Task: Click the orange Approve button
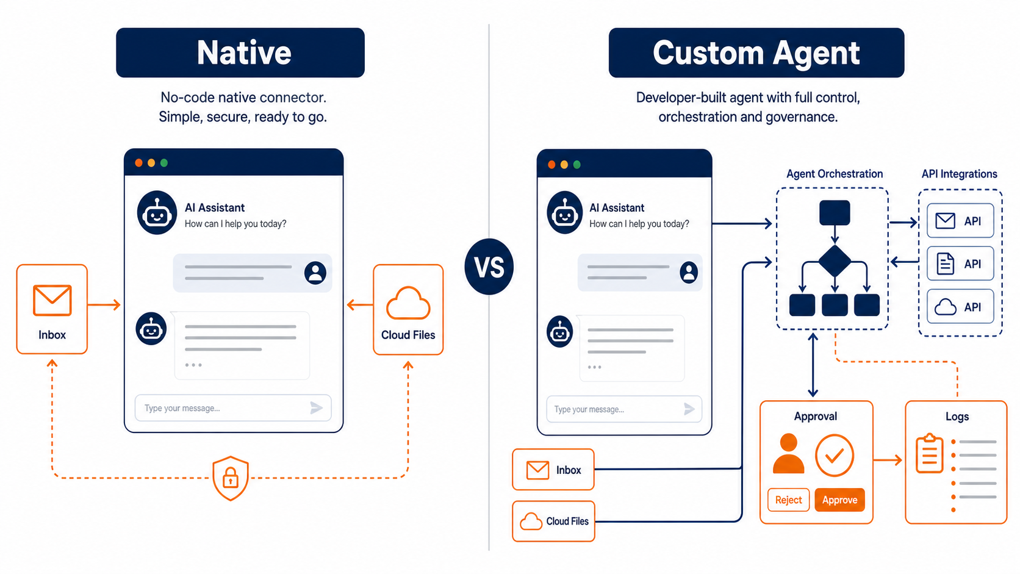pos(839,500)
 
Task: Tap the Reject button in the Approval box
pos(788,500)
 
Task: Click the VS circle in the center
pos(489,267)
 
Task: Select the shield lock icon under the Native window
pos(231,478)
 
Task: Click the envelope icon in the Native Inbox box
pos(52,301)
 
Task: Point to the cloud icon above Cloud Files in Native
pos(408,303)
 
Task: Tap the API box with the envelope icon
pos(960,221)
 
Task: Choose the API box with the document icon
pos(960,264)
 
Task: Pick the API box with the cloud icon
pos(960,306)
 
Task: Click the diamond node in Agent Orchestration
pos(835,261)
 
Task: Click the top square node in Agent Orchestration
pos(835,212)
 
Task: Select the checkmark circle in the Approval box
pos(834,455)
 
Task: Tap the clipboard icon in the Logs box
pos(929,453)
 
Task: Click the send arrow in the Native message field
pos(317,408)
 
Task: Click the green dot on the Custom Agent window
pos(577,165)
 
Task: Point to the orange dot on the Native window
pos(139,163)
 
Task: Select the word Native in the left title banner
pos(244,53)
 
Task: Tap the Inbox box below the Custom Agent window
pos(553,469)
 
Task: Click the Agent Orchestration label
pos(835,174)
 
